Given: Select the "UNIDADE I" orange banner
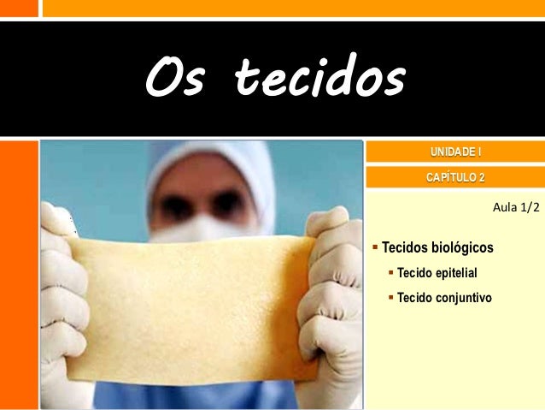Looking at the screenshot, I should (x=454, y=153).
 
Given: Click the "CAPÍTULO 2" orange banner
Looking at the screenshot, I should (x=454, y=177).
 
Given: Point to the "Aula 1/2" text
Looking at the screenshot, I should (x=517, y=208).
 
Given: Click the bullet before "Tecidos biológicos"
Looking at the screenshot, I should (x=375, y=248).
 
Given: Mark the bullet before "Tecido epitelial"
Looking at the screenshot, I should (x=391, y=273).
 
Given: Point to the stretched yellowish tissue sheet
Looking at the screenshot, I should (x=188, y=304).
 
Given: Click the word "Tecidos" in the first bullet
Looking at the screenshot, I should (x=405, y=248).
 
